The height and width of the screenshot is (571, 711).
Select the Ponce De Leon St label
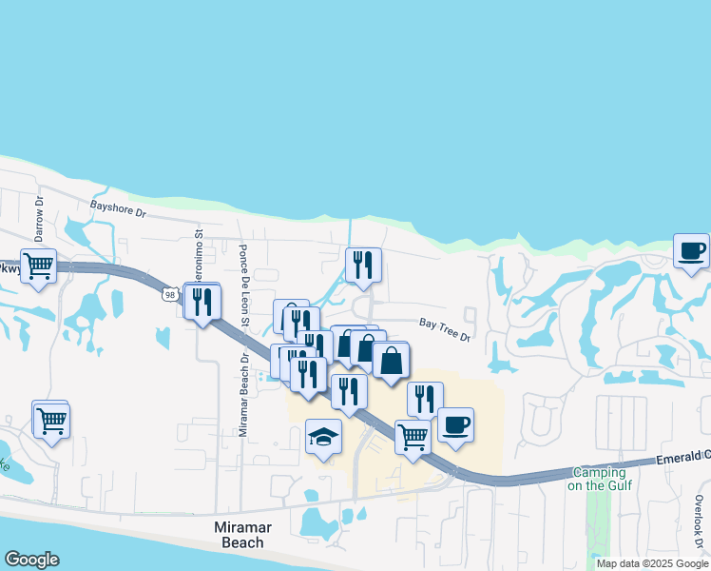(244, 282)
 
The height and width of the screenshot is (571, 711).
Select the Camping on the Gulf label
(597, 479)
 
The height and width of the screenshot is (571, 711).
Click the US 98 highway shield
(169, 294)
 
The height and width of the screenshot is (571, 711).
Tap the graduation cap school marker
(323, 438)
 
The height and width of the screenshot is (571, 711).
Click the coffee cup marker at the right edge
(691, 252)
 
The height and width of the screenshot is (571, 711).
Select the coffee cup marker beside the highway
(455, 425)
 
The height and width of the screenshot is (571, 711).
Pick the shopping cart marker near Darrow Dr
(38, 266)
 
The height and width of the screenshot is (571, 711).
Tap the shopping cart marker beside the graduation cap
(413, 438)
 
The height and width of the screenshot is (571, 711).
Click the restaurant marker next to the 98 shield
(203, 302)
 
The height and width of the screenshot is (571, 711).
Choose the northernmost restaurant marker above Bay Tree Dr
(363, 266)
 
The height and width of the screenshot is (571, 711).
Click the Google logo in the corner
(31, 560)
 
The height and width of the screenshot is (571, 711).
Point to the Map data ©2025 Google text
(652, 563)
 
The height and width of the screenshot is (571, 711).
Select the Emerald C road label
(682, 459)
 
